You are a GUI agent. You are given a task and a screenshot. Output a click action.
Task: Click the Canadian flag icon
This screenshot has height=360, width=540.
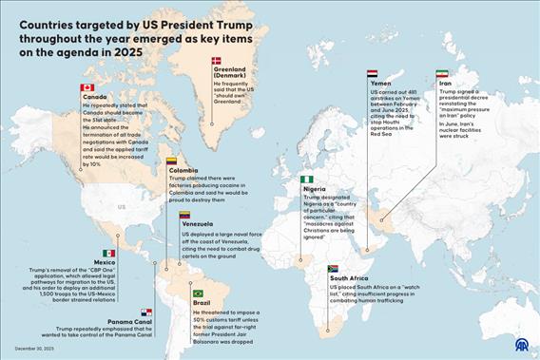pyautogui.click(x=87, y=87)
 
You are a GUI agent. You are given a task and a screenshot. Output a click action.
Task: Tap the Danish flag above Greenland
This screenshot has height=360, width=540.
pyautogui.click(x=216, y=60)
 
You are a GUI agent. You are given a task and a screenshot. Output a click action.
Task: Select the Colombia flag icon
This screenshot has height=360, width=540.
pyautogui.click(x=172, y=161)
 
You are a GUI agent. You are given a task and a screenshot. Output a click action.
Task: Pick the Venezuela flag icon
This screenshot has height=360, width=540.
pyautogui.click(x=185, y=215)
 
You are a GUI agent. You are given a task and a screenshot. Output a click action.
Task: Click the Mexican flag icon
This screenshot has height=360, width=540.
pyautogui.click(x=109, y=253)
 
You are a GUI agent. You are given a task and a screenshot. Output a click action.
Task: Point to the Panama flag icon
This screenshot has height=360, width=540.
pyautogui.click(x=146, y=312)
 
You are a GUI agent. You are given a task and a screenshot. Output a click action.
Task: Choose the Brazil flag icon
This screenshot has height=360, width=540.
pyautogui.click(x=198, y=294)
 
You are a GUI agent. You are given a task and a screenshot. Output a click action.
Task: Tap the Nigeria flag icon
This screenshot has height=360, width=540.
pyautogui.click(x=307, y=179)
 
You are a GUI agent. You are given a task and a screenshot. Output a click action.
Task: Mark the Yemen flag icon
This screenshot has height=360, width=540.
pyautogui.click(x=373, y=73)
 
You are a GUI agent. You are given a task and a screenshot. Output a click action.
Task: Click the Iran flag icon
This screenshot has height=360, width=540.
pyautogui.click(x=441, y=73)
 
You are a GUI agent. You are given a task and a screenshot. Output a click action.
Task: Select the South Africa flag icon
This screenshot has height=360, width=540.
pyautogui.click(x=333, y=269)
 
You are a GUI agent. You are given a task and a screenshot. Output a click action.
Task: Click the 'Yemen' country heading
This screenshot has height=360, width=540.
pyautogui.click(x=379, y=84)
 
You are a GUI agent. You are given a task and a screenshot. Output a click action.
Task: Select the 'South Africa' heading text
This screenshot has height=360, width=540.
pyautogui.click(x=350, y=278)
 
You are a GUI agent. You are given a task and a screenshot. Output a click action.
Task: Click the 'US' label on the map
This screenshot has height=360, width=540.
pyautogui.click(x=121, y=206)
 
